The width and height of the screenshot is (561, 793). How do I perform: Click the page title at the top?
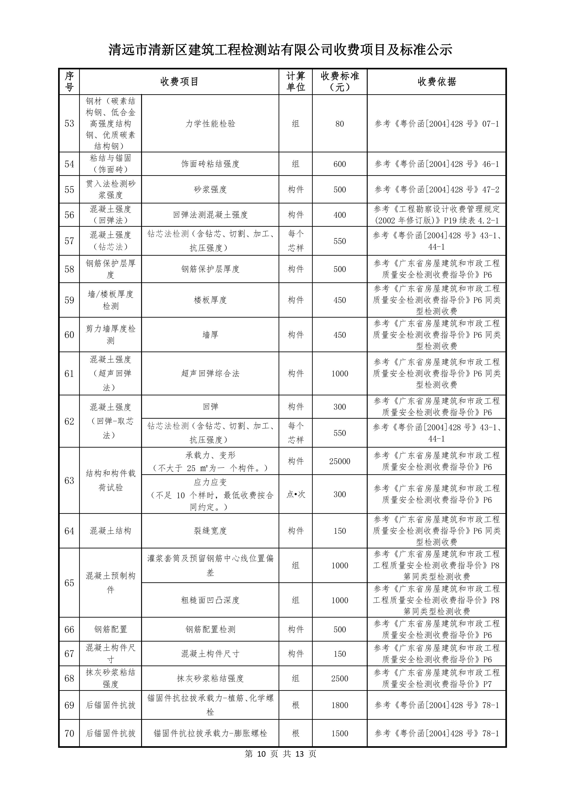point(280,50)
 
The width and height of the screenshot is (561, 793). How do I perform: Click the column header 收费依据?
point(437,82)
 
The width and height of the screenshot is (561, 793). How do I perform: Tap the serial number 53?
point(69,124)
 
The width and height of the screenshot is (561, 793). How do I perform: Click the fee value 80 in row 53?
point(340,124)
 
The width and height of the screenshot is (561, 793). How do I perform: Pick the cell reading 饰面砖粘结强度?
point(210,164)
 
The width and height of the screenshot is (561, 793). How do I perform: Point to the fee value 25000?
point(340,461)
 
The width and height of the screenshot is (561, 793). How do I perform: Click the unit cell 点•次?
point(296,494)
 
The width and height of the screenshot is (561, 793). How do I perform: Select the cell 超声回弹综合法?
point(210,373)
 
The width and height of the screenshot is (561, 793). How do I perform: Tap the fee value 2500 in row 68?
point(340,678)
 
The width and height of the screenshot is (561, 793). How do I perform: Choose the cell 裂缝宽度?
point(210,531)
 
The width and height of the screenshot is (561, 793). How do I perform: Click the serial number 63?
point(69,480)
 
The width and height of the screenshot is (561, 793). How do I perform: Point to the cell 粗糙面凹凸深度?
point(210,600)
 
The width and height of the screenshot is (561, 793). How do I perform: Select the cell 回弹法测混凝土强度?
point(210,215)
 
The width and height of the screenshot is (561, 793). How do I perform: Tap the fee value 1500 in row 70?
point(340,733)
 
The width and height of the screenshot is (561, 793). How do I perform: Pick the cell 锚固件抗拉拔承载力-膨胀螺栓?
point(210,733)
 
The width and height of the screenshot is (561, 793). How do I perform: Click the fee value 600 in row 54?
point(340,164)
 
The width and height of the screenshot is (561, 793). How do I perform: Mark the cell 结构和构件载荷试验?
point(111,480)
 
